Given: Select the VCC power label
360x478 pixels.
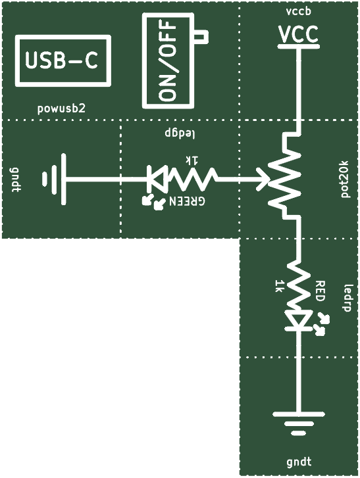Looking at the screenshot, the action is [x=299, y=35].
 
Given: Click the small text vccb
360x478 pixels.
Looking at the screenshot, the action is [x=299, y=12].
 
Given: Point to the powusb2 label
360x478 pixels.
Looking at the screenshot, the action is [x=61, y=109].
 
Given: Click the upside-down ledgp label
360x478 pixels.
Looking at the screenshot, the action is [x=180, y=133].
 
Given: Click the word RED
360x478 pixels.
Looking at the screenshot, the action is [x=319, y=291].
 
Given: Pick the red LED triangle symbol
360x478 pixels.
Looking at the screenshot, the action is [x=299, y=320].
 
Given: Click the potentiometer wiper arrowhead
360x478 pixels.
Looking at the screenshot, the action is [x=263, y=179].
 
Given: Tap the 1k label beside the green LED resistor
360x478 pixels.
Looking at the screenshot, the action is [x=192, y=159].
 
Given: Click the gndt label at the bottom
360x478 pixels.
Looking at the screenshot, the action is [x=299, y=462].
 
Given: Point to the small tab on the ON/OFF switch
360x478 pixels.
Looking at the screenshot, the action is [x=201, y=37].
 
